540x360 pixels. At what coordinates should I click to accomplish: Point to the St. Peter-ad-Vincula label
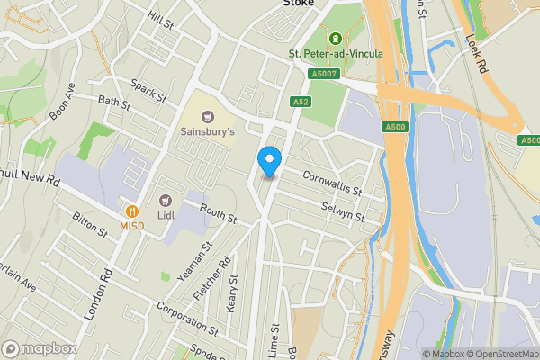click(336, 53)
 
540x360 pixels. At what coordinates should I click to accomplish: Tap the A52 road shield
click(301, 103)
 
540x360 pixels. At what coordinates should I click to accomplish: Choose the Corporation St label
click(187, 318)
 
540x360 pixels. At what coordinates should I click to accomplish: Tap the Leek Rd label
click(476, 53)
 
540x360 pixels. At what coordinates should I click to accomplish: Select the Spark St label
click(149, 91)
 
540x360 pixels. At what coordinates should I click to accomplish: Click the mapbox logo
click(39, 348)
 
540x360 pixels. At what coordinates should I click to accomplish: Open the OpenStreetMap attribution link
click(500, 354)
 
